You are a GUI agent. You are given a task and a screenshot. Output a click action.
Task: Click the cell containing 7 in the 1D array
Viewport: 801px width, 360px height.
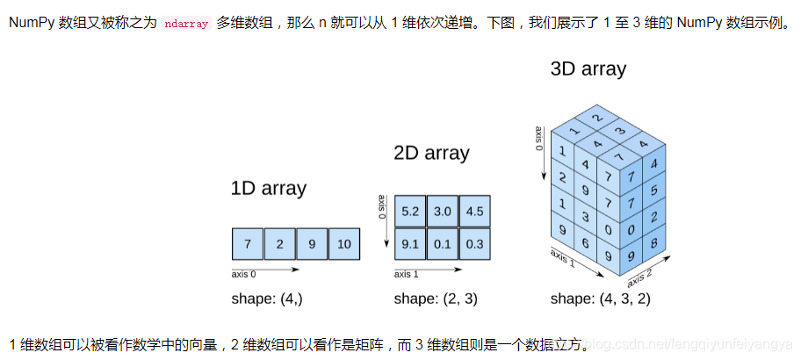tap(248, 243)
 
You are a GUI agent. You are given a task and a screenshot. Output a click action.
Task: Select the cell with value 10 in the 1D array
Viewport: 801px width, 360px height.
tap(344, 243)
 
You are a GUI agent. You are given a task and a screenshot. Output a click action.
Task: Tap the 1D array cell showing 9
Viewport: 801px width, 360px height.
tap(312, 243)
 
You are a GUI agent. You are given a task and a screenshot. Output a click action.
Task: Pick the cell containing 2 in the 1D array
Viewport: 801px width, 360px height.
tap(279, 243)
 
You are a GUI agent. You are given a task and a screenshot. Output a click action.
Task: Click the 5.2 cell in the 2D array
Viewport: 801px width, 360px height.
tap(409, 212)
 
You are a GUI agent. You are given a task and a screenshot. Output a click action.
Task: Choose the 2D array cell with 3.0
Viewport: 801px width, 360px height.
tap(442, 212)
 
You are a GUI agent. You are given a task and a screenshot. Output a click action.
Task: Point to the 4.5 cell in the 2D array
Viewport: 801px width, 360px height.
tap(474, 212)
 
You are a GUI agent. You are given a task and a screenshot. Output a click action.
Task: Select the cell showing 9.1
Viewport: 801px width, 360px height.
tap(409, 243)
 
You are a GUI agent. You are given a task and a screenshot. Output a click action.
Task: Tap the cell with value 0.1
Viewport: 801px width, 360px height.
tap(442, 243)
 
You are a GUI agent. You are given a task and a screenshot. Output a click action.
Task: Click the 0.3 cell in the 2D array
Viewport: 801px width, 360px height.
tap(474, 243)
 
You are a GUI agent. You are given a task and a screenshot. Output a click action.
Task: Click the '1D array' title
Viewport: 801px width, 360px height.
tap(269, 188)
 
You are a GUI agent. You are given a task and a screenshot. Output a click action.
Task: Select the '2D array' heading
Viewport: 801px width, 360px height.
tap(431, 154)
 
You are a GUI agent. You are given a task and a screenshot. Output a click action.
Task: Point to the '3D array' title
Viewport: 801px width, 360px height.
tap(588, 68)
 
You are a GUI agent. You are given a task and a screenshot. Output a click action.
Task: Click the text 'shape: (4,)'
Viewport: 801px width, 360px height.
tap(267, 299)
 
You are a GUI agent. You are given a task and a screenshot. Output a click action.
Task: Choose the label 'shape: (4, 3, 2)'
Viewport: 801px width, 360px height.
tap(600, 299)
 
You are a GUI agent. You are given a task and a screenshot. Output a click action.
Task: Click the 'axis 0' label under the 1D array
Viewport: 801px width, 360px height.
tap(245, 275)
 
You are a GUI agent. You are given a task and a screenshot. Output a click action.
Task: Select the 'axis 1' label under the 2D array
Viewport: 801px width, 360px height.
tap(408, 275)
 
